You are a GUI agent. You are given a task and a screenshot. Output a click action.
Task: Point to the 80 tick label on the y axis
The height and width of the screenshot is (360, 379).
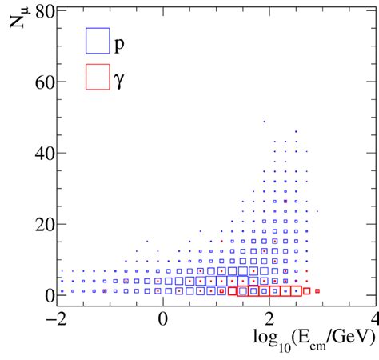(x=45, y=12)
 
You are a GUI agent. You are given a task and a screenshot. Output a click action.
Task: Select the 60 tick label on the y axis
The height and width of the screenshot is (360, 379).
(x=45, y=82)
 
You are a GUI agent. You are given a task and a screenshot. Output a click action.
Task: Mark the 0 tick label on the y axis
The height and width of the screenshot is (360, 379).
(x=50, y=295)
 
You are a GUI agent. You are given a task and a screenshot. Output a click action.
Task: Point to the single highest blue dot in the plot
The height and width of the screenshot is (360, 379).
(x=264, y=122)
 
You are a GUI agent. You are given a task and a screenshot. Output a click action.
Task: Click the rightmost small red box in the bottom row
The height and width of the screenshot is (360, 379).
(x=317, y=291)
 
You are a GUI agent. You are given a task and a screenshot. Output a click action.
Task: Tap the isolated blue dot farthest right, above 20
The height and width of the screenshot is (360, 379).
(x=317, y=211)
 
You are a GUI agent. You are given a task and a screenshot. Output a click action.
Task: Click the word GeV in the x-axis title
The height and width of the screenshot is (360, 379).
(x=351, y=340)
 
